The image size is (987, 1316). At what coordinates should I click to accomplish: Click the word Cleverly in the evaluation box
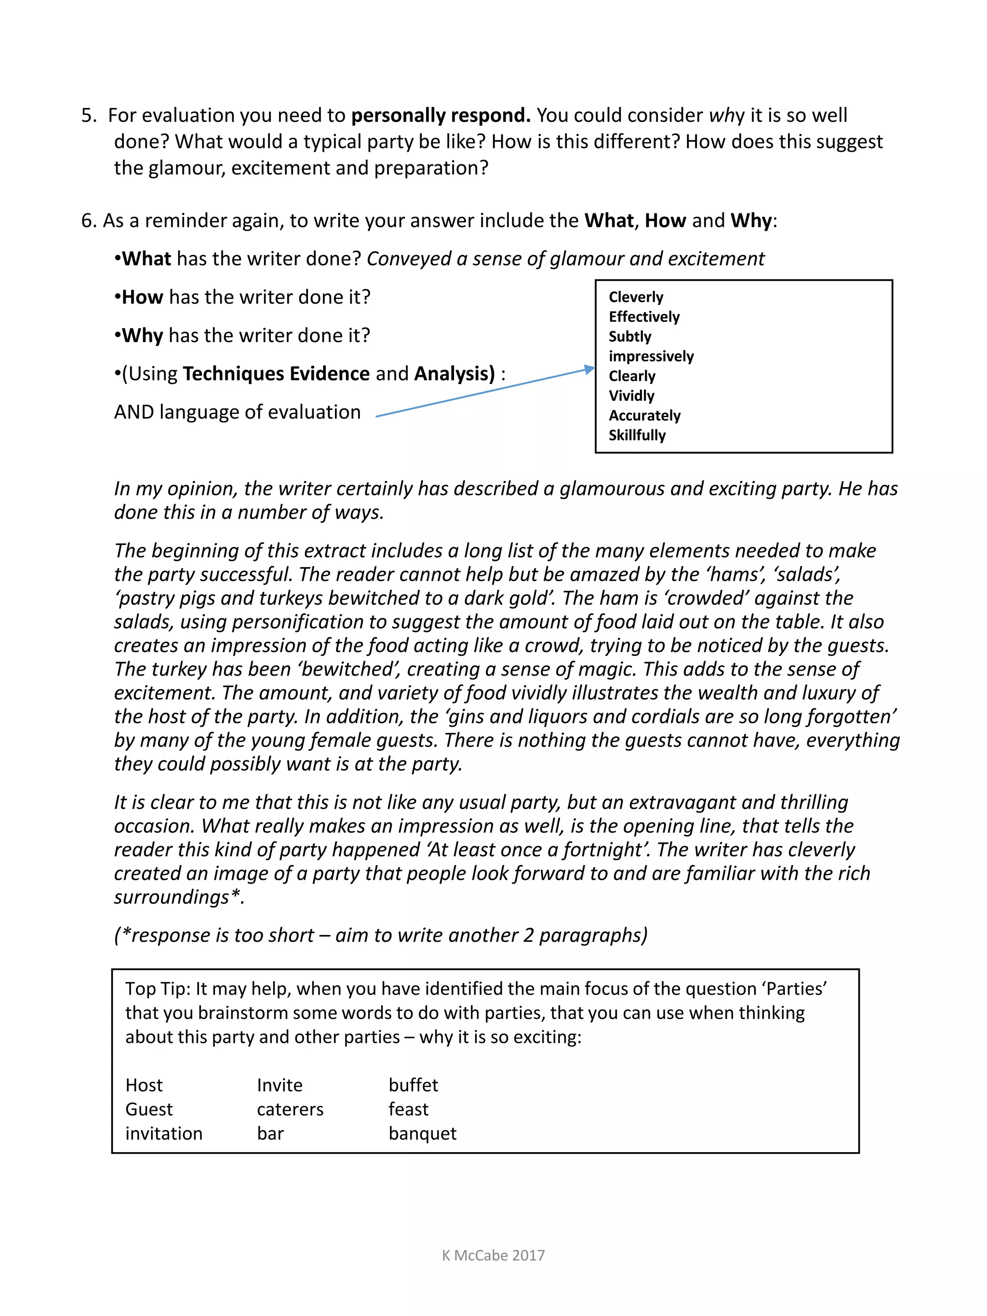pyautogui.click(x=635, y=297)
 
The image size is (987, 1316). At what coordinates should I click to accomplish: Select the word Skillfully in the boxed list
pyautogui.click(x=637, y=435)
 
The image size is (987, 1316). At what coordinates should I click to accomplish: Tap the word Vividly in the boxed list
pyautogui.click(x=631, y=396)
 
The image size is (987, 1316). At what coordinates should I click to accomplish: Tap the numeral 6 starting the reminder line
pyautogui.click(x=87, y=221)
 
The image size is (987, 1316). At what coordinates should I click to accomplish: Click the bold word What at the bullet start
pyautogui.click(x=147, y=259)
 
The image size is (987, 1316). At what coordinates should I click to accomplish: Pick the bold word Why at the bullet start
pyautogui.click(x=142, y=335)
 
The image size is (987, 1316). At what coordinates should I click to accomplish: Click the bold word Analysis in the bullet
pyautogui.click(x=454, y=373)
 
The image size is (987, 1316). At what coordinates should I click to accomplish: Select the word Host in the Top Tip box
pyautogui.click(x=144, y=1085)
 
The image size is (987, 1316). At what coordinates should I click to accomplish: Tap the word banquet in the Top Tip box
pyautogui.click(x=422, y=1133)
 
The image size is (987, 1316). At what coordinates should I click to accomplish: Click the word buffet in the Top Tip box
pyautogui.click(x=413, y=1085)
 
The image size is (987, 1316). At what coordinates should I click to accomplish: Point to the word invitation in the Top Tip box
pyautogui.click(x=163, y=1133)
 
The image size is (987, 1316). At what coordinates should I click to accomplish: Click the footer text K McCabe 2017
pyautogui.click(x=493, y=1255)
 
